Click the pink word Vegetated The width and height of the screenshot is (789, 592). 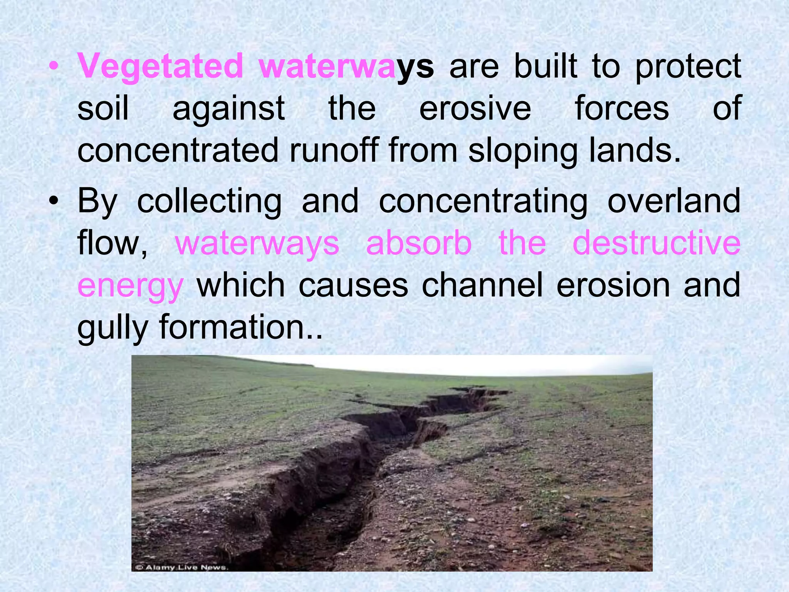(160, 67)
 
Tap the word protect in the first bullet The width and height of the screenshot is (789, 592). (688, 67)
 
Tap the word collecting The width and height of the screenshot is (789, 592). (209, 201)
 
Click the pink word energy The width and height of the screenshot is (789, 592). (130, 286)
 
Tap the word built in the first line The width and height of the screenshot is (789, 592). (546, 67)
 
